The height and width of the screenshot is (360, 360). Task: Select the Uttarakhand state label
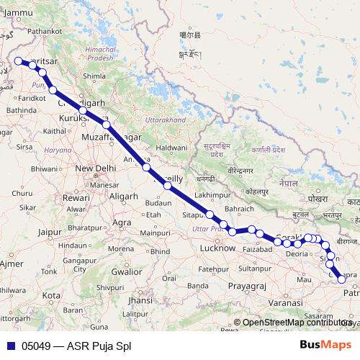166,119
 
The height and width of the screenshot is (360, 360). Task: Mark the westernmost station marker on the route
18,61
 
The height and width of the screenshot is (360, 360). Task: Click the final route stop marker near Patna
342,280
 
